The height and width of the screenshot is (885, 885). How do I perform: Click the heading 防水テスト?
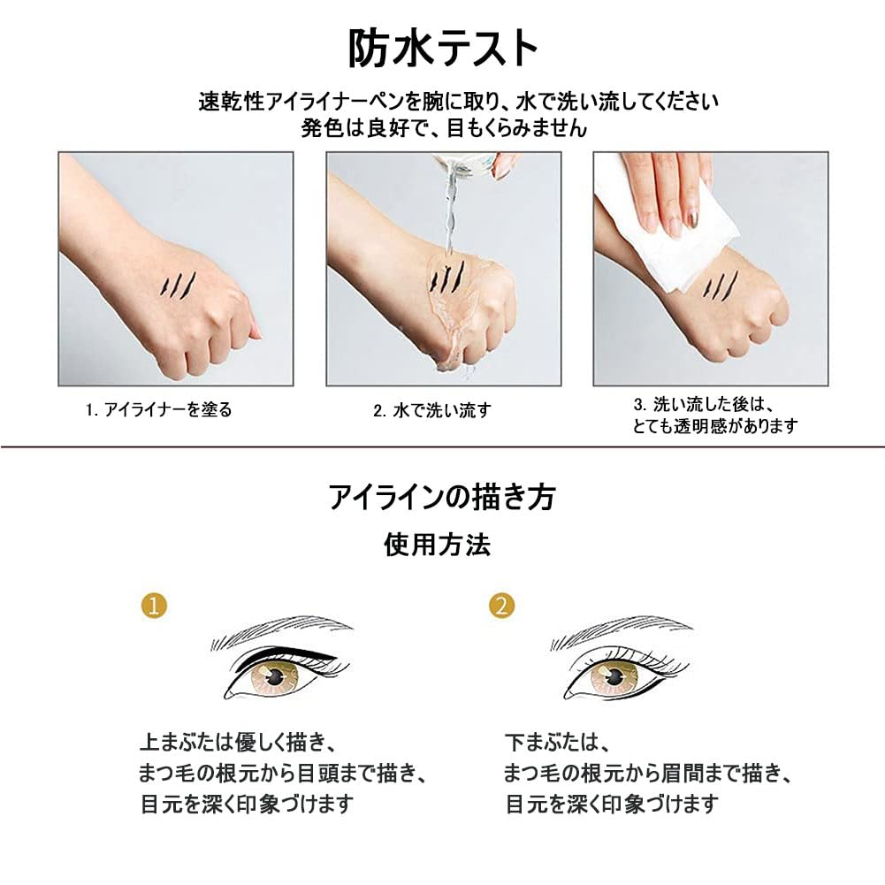click(x=442, y=50)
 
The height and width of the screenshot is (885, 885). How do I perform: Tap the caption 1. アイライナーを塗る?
click(x=158, y=410)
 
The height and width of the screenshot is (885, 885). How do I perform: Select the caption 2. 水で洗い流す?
click(x=431, y=410)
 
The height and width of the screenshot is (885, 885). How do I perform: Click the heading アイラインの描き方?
click(x=442, y=498)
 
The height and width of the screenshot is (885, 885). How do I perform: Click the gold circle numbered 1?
click(x=154, y=606)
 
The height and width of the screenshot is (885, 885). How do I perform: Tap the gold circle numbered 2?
click(x=502, y=606)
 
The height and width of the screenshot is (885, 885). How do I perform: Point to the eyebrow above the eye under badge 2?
click(x=619, y=629)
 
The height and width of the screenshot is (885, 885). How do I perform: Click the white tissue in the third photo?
click(x=672, y=221)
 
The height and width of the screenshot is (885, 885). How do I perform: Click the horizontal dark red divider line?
click(x=442, y=447)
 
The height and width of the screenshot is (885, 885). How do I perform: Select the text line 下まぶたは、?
click(x=552, y=741)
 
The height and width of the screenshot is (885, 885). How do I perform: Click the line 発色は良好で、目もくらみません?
click(x=443, y=127)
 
